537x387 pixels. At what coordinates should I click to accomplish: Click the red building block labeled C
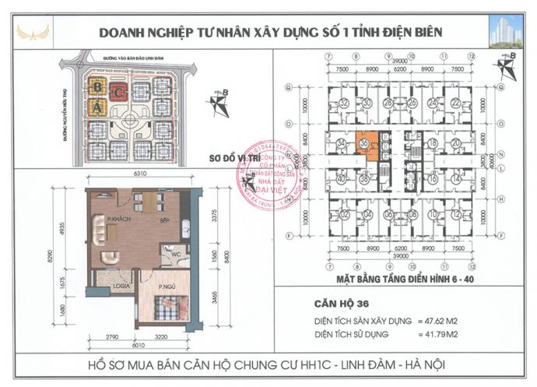click(117, 92)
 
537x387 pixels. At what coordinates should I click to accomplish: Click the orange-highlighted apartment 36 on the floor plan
click(366, 146)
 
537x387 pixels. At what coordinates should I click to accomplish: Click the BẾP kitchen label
click(164, 220)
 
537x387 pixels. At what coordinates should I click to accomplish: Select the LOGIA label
click(120, 285)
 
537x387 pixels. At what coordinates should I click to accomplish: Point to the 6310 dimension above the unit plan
click(140, 174)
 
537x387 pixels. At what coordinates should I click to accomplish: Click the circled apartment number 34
click(341, 143)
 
